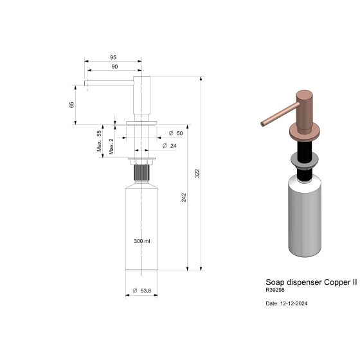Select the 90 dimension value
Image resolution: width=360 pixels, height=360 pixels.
pos(114,66)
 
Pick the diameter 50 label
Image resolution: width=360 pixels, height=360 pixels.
pos(175,133)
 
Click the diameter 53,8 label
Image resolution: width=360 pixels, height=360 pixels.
pos(141,291)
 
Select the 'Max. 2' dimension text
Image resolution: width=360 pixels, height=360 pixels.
pos(111,147)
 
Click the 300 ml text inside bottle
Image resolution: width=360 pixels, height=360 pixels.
pos(141,241)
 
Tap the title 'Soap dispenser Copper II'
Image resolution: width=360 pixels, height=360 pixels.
pos(311,282)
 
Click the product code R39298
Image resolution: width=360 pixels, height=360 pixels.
pos(274,290)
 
